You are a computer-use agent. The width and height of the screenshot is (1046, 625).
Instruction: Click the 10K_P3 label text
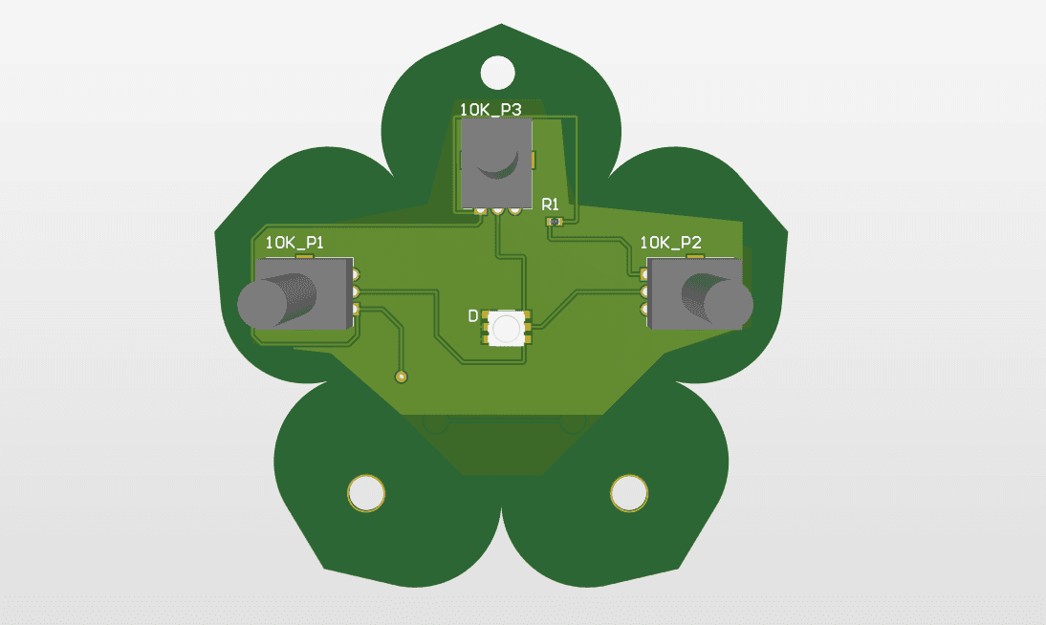490,110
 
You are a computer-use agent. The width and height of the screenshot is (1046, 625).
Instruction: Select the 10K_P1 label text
294,243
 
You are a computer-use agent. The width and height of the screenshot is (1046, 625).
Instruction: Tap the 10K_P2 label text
671,243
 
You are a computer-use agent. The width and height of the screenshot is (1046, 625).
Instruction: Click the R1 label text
550,204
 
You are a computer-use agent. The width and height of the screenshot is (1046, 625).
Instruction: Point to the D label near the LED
472,316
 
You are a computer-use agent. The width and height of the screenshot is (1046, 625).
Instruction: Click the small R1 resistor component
554,223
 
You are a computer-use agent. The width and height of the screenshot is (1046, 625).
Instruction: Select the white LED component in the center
507,328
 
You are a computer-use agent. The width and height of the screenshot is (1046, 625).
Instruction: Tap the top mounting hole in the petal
496,71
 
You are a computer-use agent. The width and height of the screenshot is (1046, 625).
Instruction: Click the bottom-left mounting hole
365,493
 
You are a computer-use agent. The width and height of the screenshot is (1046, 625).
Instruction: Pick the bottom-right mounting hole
628,493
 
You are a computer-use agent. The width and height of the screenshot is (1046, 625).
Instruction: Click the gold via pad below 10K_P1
402,376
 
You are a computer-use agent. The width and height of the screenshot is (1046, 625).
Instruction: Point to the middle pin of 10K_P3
497,211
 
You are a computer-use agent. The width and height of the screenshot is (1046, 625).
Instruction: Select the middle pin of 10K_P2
644,292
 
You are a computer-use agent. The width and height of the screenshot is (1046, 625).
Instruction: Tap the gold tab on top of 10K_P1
305,256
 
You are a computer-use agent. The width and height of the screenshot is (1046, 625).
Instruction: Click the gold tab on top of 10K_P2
694,256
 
